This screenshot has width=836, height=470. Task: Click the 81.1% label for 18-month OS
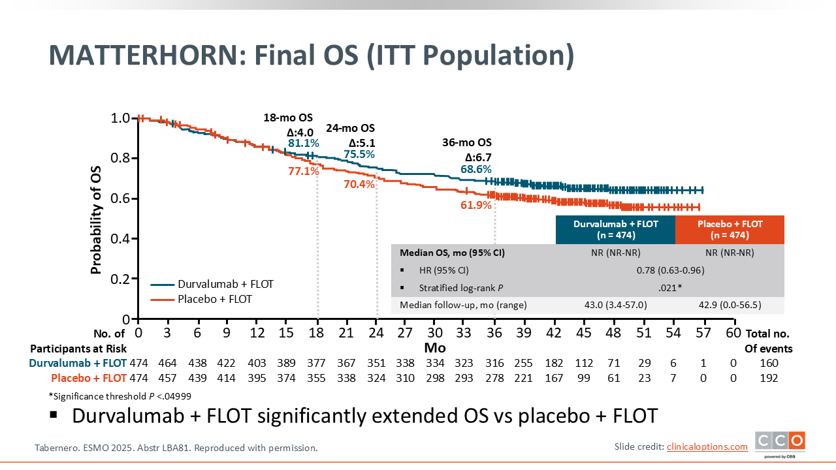pyautogui.click(x=304, y=143)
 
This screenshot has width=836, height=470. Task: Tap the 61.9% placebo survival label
pyautogui.click(x=476, y=206)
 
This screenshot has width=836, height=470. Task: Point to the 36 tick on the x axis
pyautogui.click(x=494, y=333)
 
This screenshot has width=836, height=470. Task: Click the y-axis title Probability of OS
pyautogui.click(x=97, y=219)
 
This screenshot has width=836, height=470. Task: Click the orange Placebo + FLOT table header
pyautogui.click(x=730, y=229)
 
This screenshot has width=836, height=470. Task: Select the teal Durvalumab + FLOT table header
pyautogui.click(x=615, y=229)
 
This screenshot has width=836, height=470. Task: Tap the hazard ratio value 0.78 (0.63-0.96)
pyautogui.click(x=670, y=270)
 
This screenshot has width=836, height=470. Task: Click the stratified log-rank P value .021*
pyautogui.click(x=670, y=287)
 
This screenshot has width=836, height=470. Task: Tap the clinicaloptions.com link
pyautogui.click(x=707, y=446)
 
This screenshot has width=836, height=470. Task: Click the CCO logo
pyautogui.click(x=780, y=442)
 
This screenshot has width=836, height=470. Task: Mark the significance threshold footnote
pyautogui.click(x=120, y=396)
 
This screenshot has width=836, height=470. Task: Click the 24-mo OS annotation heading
pyautogui.click(x=350, y=129)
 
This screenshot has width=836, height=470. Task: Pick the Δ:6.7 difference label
pyautogui.click(x=478, y=157)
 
